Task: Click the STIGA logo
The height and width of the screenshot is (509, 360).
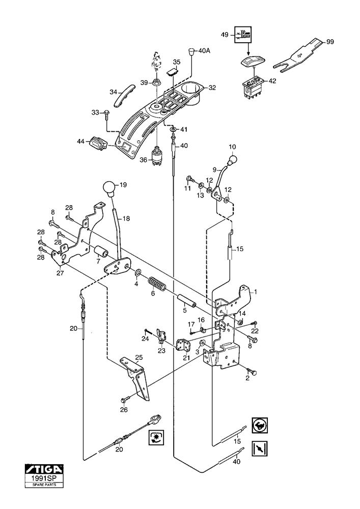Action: coord(44,468)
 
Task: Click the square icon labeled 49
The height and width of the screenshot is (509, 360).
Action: coord(243,36)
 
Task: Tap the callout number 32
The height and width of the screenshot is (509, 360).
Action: coord(212,88)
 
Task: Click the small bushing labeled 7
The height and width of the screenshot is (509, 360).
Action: coord(100,251)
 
